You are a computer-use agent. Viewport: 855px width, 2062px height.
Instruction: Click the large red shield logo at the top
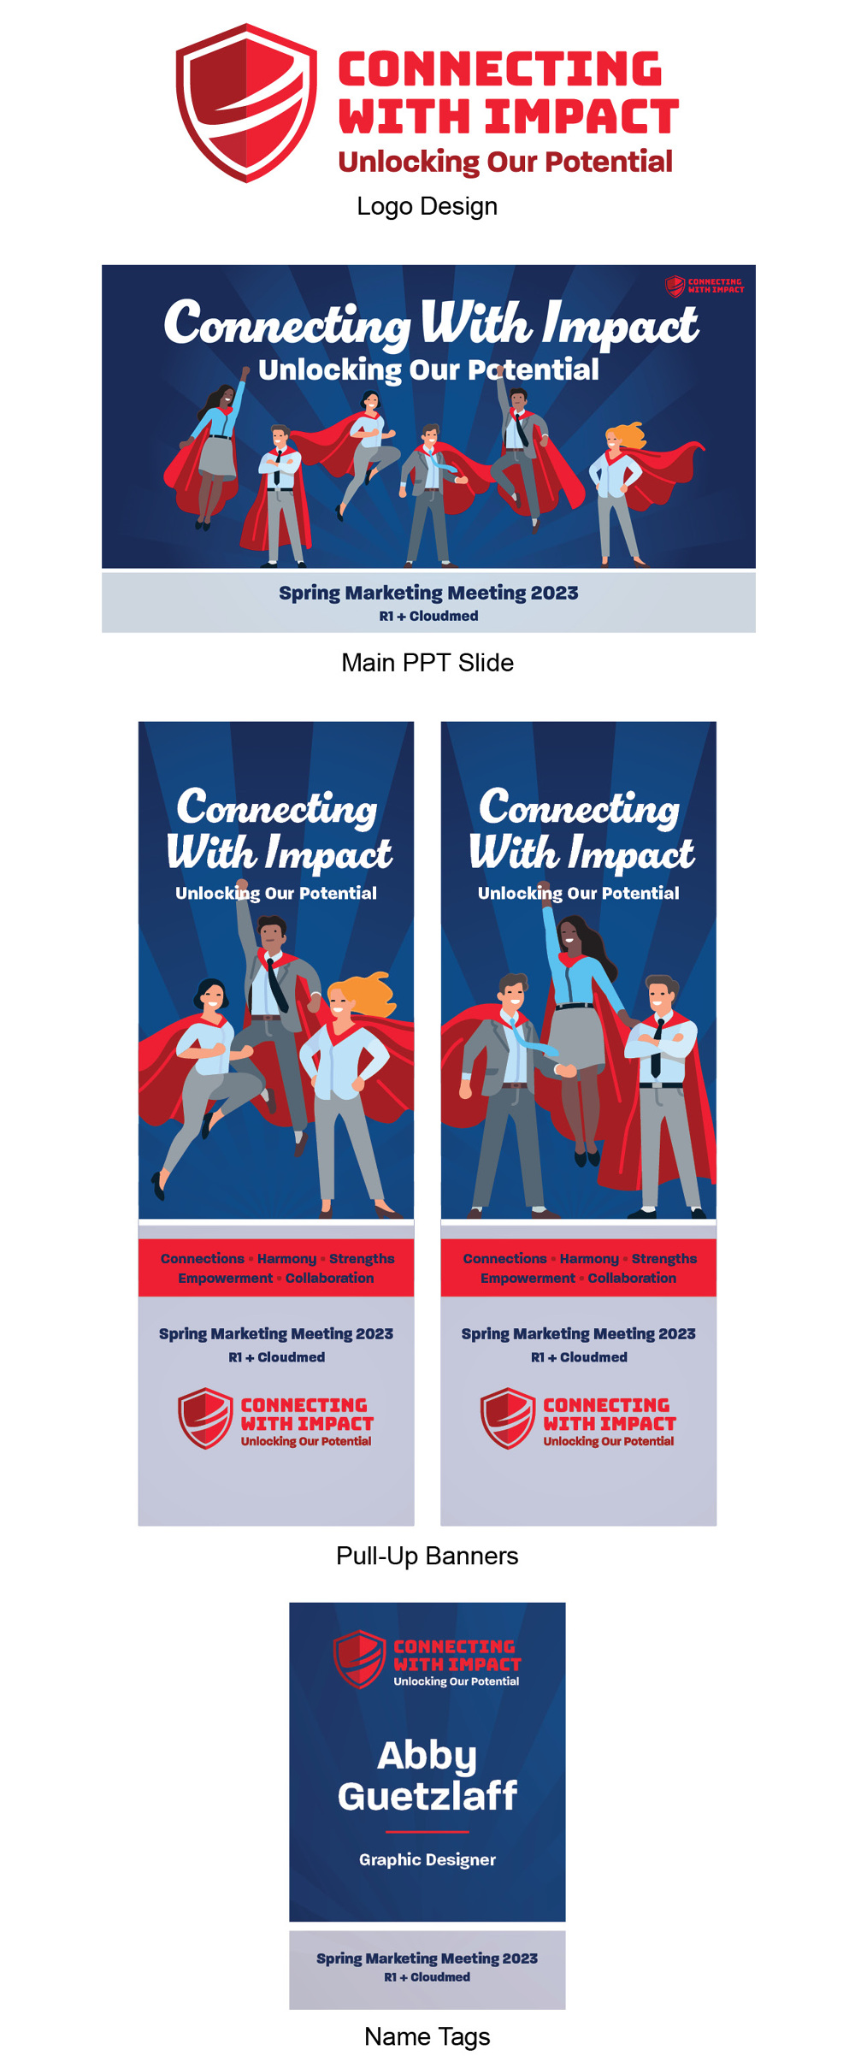(x=246, y=103)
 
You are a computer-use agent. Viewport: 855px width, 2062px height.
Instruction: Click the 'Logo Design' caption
(x=427, y=207)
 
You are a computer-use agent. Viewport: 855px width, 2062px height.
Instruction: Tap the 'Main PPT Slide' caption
(x=427, y=663)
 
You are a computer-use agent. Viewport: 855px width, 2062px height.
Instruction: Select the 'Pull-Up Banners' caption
(x=427, y=1556)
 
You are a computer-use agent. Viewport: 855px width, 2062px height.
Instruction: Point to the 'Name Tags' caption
(x=427, y=2036)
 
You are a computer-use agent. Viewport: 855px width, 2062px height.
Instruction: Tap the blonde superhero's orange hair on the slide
(x=628, y=434)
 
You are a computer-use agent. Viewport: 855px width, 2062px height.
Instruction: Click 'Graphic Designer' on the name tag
(x=427, y=1859)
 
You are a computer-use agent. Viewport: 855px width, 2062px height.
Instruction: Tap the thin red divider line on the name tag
(x=427, y=1832)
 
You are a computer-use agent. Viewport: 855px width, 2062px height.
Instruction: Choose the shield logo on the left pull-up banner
(x=205, y=1418)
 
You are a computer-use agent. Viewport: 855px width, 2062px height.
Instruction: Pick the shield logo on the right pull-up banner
(x=508, y=1418)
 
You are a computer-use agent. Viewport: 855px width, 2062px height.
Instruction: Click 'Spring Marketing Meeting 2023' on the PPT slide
(x=428, y=594)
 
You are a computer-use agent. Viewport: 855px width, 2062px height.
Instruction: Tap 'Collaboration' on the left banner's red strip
(x=330, y=1278)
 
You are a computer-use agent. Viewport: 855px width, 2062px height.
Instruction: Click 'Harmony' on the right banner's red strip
(x=589, y=1259)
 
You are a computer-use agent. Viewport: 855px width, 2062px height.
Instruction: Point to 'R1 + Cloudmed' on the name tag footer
(x=427, y=1977)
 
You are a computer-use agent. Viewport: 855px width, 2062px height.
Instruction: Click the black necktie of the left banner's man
(x=275, y=984)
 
